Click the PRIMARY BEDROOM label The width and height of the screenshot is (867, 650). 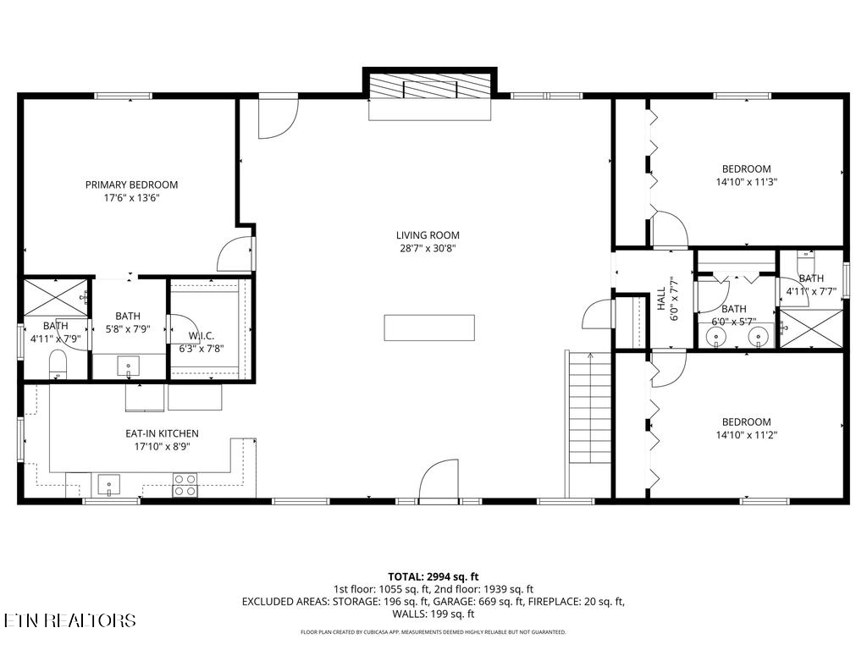click(131, 185)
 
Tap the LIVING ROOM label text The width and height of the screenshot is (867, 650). click(428, 235)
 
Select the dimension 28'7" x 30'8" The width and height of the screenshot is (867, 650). click(428, 249)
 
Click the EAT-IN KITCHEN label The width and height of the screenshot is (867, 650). click(162, 433)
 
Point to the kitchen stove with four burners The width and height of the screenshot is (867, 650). click(185, 484)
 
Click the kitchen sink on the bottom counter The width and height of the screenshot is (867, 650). click(109, 485)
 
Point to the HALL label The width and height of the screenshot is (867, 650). click(661, 299)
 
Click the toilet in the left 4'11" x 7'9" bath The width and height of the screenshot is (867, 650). click(58, 364)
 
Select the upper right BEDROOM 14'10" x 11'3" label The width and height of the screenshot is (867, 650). click(746, 168)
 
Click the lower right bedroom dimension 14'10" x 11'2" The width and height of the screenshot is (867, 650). click(746, 435)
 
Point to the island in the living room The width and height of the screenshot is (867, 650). click(429, 327)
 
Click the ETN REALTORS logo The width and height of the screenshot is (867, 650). click(69, 620)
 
